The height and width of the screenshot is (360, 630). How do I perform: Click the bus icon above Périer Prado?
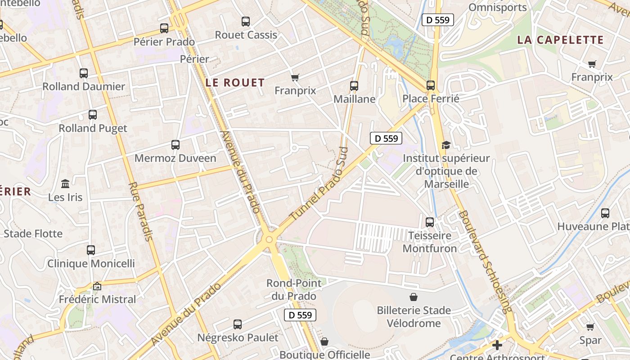click(x=164, y=28)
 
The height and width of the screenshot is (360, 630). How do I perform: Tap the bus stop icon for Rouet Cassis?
click(x=246, y=21)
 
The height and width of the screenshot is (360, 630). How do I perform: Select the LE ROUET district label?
click(x=235, y=83)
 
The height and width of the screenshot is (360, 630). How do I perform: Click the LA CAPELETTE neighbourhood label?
click(x=560, y=40)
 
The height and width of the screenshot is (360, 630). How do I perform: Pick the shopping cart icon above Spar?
click(x=590, y=327)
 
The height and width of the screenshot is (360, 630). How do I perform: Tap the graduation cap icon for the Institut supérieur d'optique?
click(x=446, y=145)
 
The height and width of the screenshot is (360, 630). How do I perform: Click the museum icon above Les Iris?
click(x=65, y=184)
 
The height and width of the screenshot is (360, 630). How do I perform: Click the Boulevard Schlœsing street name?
click(x=485, y=261)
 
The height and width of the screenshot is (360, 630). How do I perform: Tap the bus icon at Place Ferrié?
click(x=431, y=85)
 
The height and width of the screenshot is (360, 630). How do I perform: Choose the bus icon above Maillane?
click(x=354, y=85)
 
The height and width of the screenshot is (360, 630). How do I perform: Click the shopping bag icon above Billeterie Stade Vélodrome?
click(x=413, y=297)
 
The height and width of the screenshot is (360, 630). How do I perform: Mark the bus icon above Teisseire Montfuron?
click(x=430, y=222)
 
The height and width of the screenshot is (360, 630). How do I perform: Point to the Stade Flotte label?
click(x=33, y=234)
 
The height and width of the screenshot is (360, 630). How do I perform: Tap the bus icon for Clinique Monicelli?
click(x=91, y=250)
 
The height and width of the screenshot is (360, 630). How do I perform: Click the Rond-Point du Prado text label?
click(x=294, y=289)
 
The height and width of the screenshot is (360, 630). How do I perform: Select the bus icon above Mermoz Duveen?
click(x=175, y=145)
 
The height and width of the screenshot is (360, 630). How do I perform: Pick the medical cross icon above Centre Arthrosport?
click(x=497, y=345)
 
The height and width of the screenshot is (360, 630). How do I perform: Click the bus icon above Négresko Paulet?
click(x=238, y=324)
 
